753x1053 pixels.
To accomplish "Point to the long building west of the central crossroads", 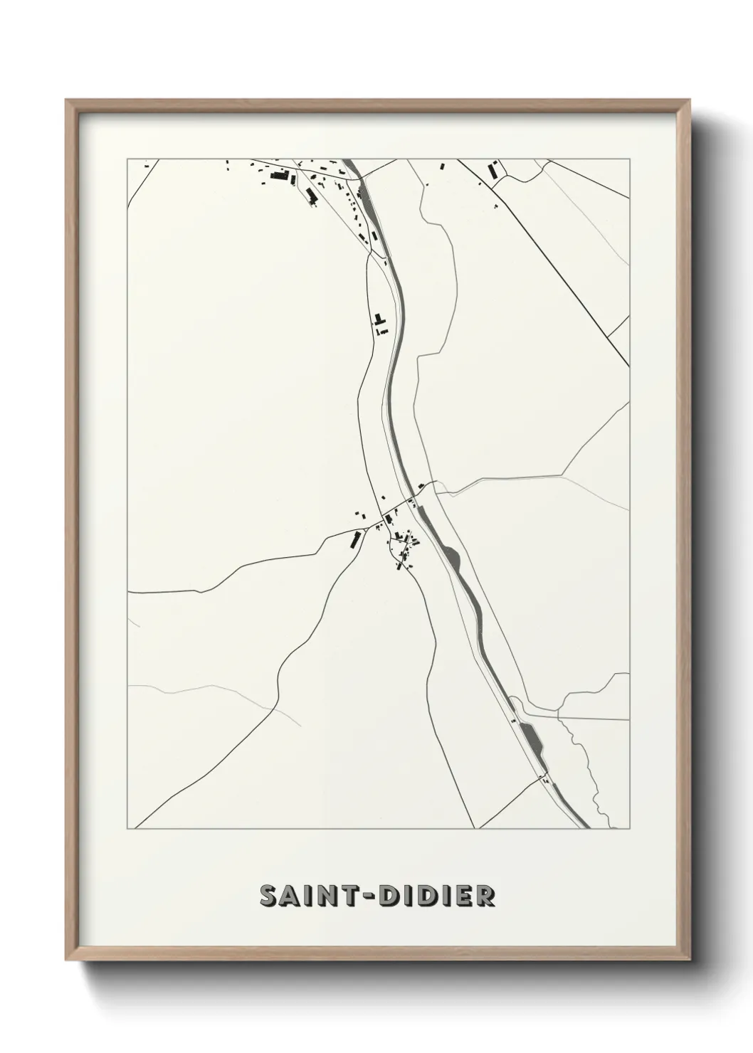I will click(x=352, y=540).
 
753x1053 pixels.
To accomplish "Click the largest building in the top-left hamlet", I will click(x=280, y=176).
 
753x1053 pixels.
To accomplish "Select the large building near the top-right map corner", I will click(x=492, y=171).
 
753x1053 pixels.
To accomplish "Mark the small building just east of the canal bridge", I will click(x=421, y=486).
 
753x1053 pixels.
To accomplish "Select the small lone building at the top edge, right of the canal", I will click(x=441, y=166).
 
